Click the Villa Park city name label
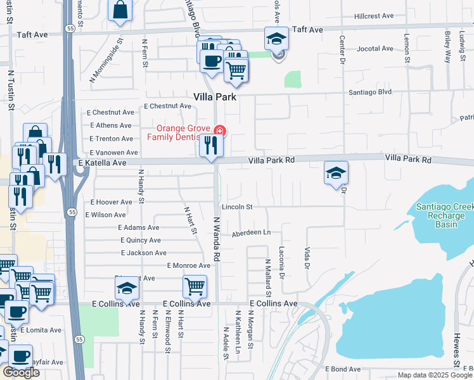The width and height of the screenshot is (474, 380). click(214, 98)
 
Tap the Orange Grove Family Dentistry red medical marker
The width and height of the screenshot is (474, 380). click(219, 131)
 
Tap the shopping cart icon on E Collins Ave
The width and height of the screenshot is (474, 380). click(195, 286)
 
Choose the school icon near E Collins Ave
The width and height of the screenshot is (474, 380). click(127, 289)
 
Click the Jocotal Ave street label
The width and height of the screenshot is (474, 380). click(375, 48)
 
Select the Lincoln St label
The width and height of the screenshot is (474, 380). click(237, 207)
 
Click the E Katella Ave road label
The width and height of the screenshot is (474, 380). click(103, 163)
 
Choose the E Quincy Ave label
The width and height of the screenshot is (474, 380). click(141, 240)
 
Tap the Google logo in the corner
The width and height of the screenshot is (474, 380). click(21, 372)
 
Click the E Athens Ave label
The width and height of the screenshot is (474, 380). click(112, 125)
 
